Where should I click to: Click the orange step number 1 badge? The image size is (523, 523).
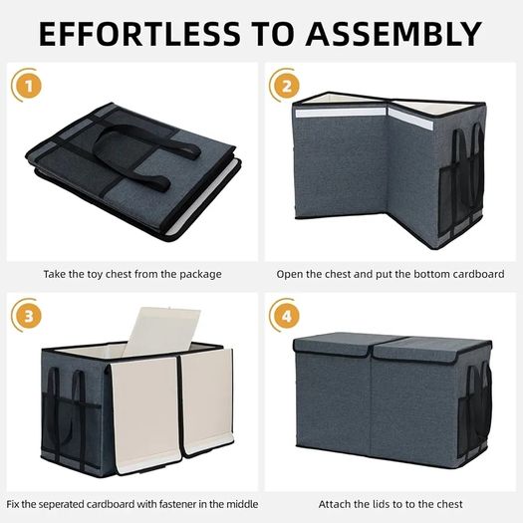(28, 86)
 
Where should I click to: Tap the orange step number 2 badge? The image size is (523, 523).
(286, 86)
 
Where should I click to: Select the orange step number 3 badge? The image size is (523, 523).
(28, 316)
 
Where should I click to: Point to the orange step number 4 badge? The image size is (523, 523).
(286, 316)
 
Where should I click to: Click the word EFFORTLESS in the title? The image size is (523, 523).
(139, 34)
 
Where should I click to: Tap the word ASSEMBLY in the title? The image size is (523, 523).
(393, 34)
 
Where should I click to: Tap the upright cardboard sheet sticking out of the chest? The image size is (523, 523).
(162, 332)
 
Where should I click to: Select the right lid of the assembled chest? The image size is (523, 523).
(432, 352)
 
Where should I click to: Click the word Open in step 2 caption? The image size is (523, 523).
(290, 275)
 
